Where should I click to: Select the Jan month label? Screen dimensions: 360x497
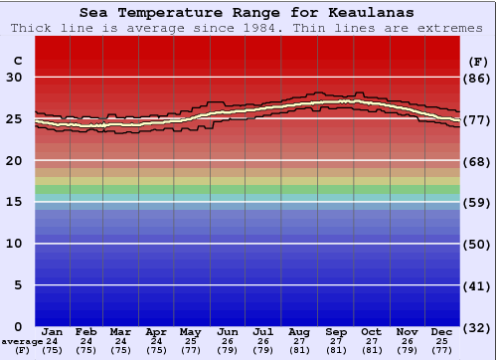[x=53, y=331]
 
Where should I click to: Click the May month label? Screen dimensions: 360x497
[x=190, y=331]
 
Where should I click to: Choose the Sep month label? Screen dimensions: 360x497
[x=336, y=331]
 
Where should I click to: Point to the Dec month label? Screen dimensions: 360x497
[x=442, y=331]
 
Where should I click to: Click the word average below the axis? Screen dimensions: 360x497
[x=22, y=341]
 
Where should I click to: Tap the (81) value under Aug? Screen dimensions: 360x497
[x=299, y=350]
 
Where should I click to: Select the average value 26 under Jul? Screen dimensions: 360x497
[x=263, y=341]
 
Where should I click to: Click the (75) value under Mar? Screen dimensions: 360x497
[x=121, y=350]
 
